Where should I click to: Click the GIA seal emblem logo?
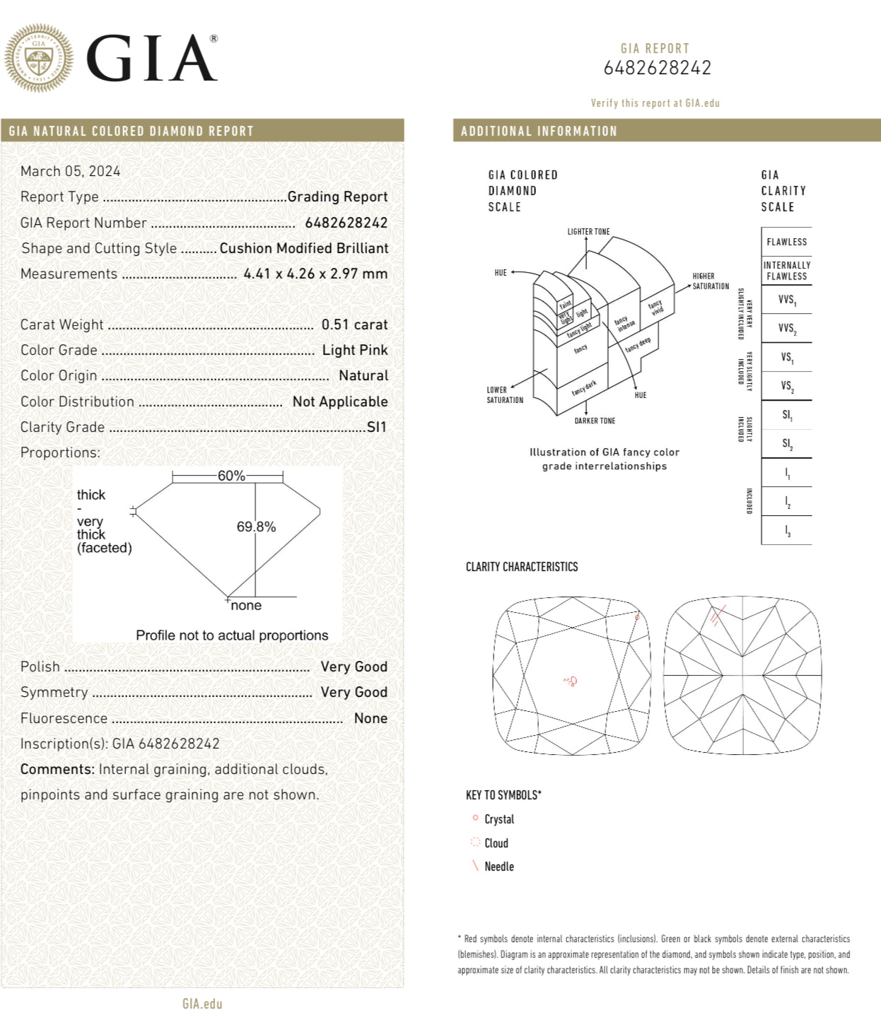click(x=39, y=58)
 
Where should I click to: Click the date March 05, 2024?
click(x=71, y=171)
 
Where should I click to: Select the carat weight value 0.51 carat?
click(x=354, y=324)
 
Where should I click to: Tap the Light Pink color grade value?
click(x=355, y=350)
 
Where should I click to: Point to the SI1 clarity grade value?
click(x=377, y=427)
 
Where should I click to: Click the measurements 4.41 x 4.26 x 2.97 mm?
click(x=315, y=274)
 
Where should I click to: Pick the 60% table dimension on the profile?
click(x=231, y=476)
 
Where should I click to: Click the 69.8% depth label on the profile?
click(x=256, y=527)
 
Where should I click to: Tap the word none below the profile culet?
click(x=246, y=605)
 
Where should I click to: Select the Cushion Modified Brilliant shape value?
click(x=304, y=248)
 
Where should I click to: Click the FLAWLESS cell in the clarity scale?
click(x=786, y=242)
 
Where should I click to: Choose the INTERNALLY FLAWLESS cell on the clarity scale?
click(x=786, y=271)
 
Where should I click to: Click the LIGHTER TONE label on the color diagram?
click(x=588, y=232)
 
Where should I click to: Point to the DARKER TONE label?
click(x=595, y=421)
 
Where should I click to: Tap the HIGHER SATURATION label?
click(x=710, y=281)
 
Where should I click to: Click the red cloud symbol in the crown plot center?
click(x=571, y=681)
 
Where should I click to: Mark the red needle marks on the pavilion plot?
click(x=717, y=616)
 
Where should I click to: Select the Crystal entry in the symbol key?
click(x=498, y=819)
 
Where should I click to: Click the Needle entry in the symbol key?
click(x=498, y=867)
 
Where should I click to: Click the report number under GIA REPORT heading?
click(x=657, y=68)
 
